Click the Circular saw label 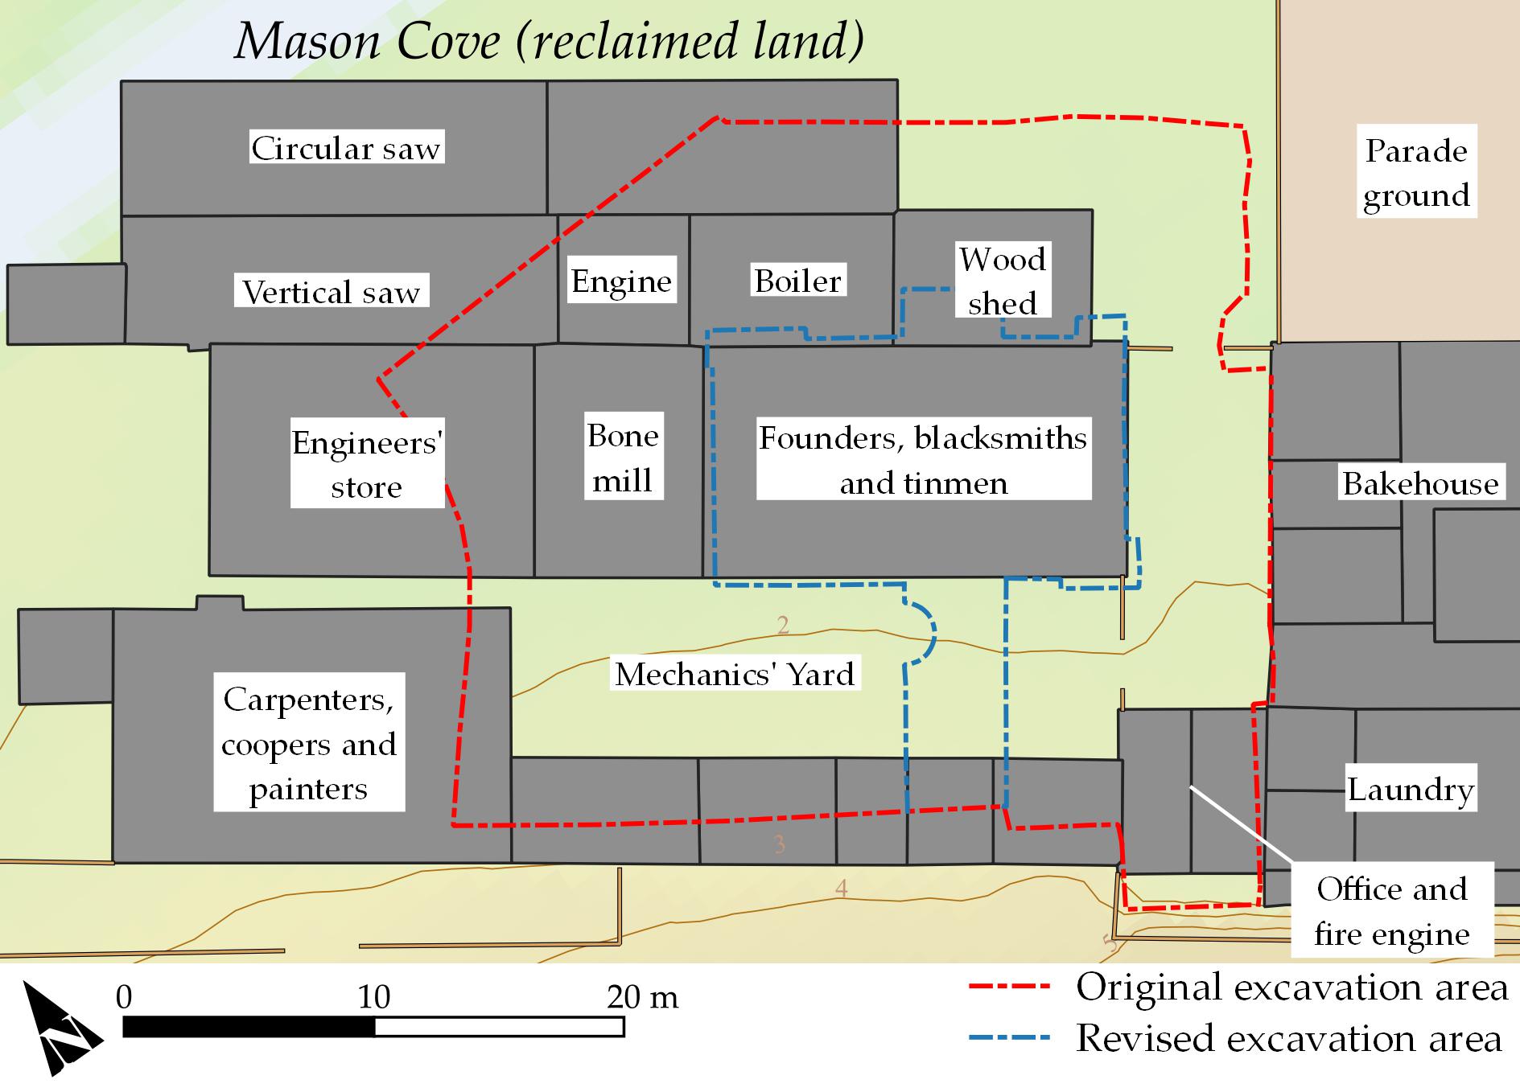click(x=346, y=148)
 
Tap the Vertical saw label click(x=332, y=292)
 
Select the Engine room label click(x=621, y=281)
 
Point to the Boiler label click(x=797, y=281)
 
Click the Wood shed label click(x=1003, y=281)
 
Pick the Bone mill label click(x=623, y=458)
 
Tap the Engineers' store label click(x=367, y=465)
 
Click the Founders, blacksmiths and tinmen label click(x=923, y=460)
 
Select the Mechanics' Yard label click(x=734, y=674)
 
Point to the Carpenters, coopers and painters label click(x=309, y=744)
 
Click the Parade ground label click(x=1416, y=173)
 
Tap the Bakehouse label click(x=1420, y=483)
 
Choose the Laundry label click(x=1411, y=789)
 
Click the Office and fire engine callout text click(x=1392, y=911)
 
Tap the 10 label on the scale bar click(x=373, y=997)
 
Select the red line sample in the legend click(x=1009, y=986)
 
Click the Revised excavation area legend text click(x=1289, y=1038)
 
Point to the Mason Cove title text click(x=550, y=41)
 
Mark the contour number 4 click(x=841, y=889)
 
